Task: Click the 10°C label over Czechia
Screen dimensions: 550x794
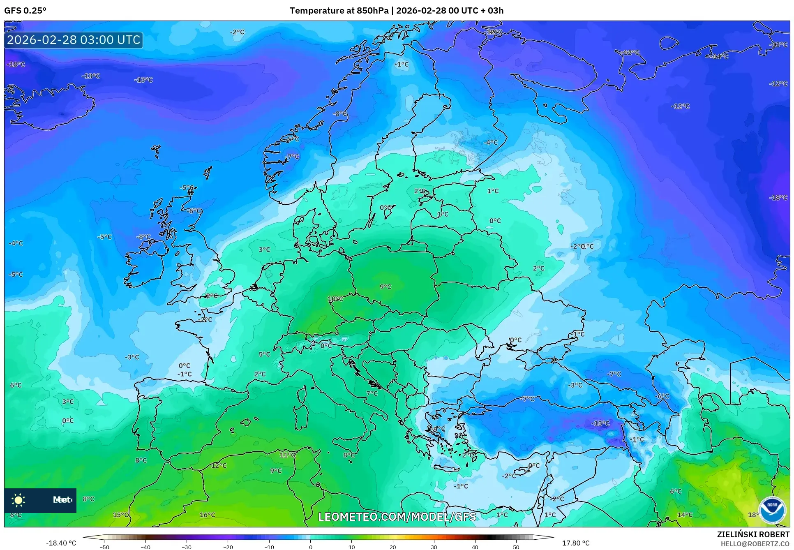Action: [x=335, y=299]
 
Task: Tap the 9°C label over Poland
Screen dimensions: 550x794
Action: [x=385, y=287]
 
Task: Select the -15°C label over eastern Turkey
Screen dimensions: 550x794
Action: [x=600, y=423]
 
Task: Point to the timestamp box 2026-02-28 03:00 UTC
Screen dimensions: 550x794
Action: [x=74, y=40]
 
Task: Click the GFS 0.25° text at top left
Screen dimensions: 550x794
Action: [x=25, y=11]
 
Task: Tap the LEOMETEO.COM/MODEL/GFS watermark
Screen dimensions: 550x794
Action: [x=397, y=517]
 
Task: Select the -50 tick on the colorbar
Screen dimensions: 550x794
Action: [x=104, y=547]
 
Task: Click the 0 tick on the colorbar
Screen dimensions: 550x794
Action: [x=310, y=547]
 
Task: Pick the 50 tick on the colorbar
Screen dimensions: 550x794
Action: [x=516, y=547]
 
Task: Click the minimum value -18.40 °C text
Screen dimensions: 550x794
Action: [x=61, y=543]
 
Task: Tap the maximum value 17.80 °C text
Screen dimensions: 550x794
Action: [x=575, y=543]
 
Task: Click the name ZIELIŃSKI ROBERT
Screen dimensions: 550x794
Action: [x=753, y=534]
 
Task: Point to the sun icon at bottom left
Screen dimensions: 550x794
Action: [x=18, y=500]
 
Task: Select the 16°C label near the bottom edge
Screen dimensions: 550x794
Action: [x=207, y=515]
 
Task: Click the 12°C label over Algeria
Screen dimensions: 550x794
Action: [x=219, y=465]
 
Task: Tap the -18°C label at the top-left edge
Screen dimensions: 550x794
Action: [x=16, y=65]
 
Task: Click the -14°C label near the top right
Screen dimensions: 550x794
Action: [x=719, y=57]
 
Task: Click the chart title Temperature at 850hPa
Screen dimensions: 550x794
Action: [x=339, y=11]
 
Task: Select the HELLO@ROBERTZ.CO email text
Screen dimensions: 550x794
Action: [x=755, y=544]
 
